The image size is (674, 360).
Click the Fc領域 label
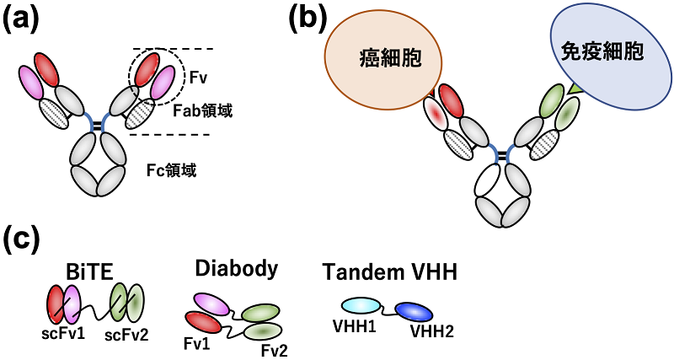pos(179,171)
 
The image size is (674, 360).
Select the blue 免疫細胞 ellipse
pos(602,52)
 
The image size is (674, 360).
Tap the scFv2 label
pos(127,335)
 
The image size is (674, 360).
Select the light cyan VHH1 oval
pos(358,307)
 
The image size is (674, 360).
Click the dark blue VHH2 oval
pos(414,312)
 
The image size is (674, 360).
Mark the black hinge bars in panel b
pos(503,154)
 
